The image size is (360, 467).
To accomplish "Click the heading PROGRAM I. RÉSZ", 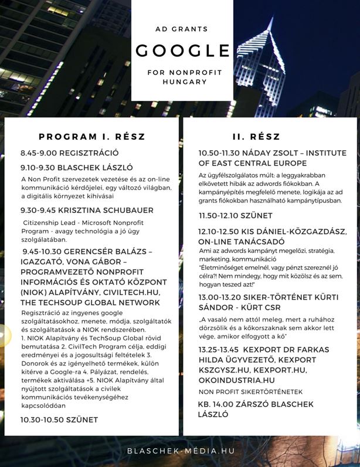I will [x=92, y=137].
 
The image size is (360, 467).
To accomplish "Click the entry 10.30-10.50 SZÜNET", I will [x=59, y=419].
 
